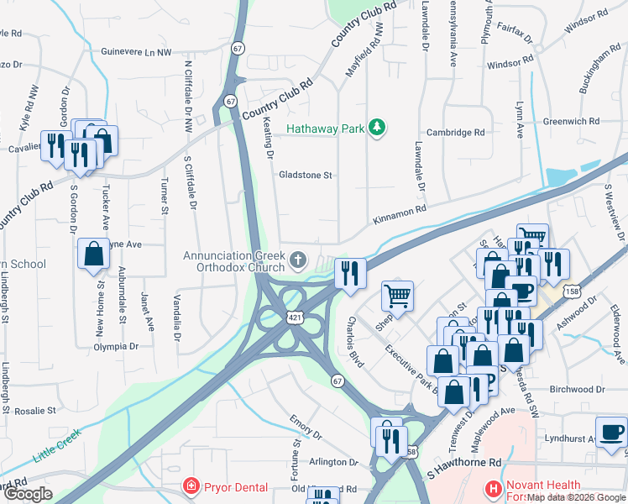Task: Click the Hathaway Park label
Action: point(325,129)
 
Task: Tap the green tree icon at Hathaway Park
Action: point(378,128)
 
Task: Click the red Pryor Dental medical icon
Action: point(192,487)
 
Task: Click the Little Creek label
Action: point(56,446)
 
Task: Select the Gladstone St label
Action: point(306,176)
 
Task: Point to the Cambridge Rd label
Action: point(456,133)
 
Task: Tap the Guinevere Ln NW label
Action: point(135,52)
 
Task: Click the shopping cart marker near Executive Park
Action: point(397,296)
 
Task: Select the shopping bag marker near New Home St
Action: point(93,253)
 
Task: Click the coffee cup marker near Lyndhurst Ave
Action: point(610,432)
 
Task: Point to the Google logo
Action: point(28,494)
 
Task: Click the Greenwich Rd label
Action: point(571,121)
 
